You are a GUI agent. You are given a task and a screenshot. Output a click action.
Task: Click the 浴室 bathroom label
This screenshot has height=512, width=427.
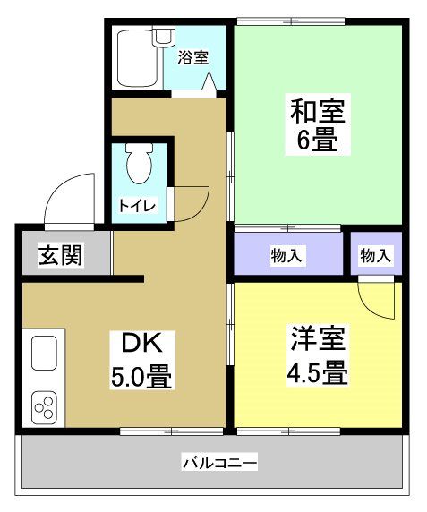pos(192,58)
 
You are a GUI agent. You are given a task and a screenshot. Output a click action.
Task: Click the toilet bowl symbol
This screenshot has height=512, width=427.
pos(139,165)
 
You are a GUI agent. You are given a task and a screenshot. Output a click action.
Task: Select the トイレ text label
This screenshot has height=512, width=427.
pos(138,206)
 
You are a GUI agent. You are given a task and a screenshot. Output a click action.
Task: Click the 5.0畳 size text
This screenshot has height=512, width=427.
pos(141,374)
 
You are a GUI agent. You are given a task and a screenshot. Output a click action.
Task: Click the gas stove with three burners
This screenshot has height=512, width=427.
pos(45,406)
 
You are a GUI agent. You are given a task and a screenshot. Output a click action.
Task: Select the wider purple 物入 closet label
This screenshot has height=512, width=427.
pos(286,256)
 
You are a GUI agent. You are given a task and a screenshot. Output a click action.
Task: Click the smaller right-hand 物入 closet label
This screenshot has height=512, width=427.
pos(375,256)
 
